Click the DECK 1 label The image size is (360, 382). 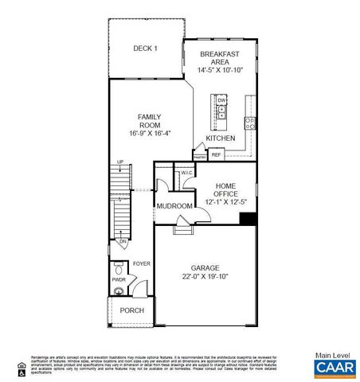[x=145, y=49]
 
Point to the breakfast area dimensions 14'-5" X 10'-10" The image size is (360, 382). [x=220, y=70]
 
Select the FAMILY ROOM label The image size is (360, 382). [x=150, y=119]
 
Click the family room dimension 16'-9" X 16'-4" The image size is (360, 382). [x=150, y=132]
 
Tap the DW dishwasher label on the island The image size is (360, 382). [x=221, y=100]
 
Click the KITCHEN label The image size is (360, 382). [x=221, y=138]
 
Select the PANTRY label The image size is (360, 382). [x=198, y=157]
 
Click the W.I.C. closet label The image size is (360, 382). [x=187, y=173]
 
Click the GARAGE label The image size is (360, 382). [x=205, y=267]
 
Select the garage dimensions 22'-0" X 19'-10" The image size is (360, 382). [x=205, y=277]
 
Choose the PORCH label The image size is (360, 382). [x=131, y=310]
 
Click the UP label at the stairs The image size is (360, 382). [x=120, y=162]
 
